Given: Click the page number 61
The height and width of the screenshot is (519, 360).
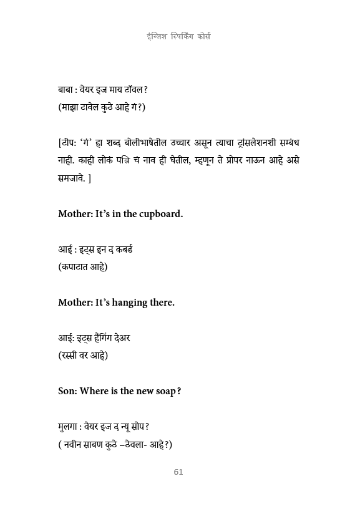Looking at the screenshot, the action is click(178, 472).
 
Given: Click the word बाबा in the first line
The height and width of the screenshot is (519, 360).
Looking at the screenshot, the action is click(67, 90).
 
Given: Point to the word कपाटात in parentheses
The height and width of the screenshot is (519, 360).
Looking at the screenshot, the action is click(78, 267).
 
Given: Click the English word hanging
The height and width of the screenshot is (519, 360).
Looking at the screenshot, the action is click(130, 303).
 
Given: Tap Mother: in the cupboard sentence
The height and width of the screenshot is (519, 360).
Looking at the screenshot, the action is click(75, 214).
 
